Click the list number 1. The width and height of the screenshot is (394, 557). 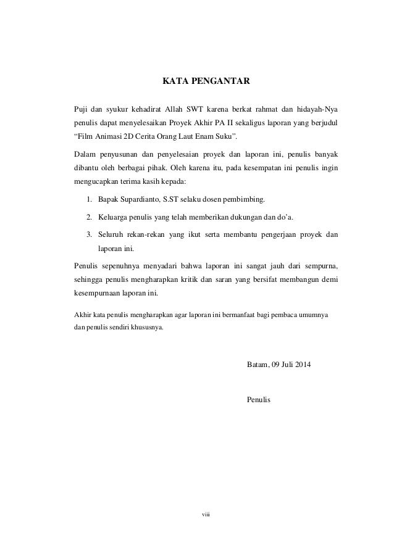coord(90,200)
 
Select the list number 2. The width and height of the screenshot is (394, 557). coord(90,217)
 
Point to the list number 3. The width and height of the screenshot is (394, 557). coord(90,234)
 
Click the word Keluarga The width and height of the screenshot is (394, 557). coord(115,217)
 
